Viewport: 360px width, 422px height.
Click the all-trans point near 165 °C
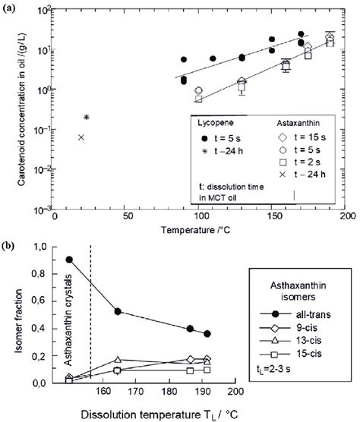(x=117, y=311)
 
